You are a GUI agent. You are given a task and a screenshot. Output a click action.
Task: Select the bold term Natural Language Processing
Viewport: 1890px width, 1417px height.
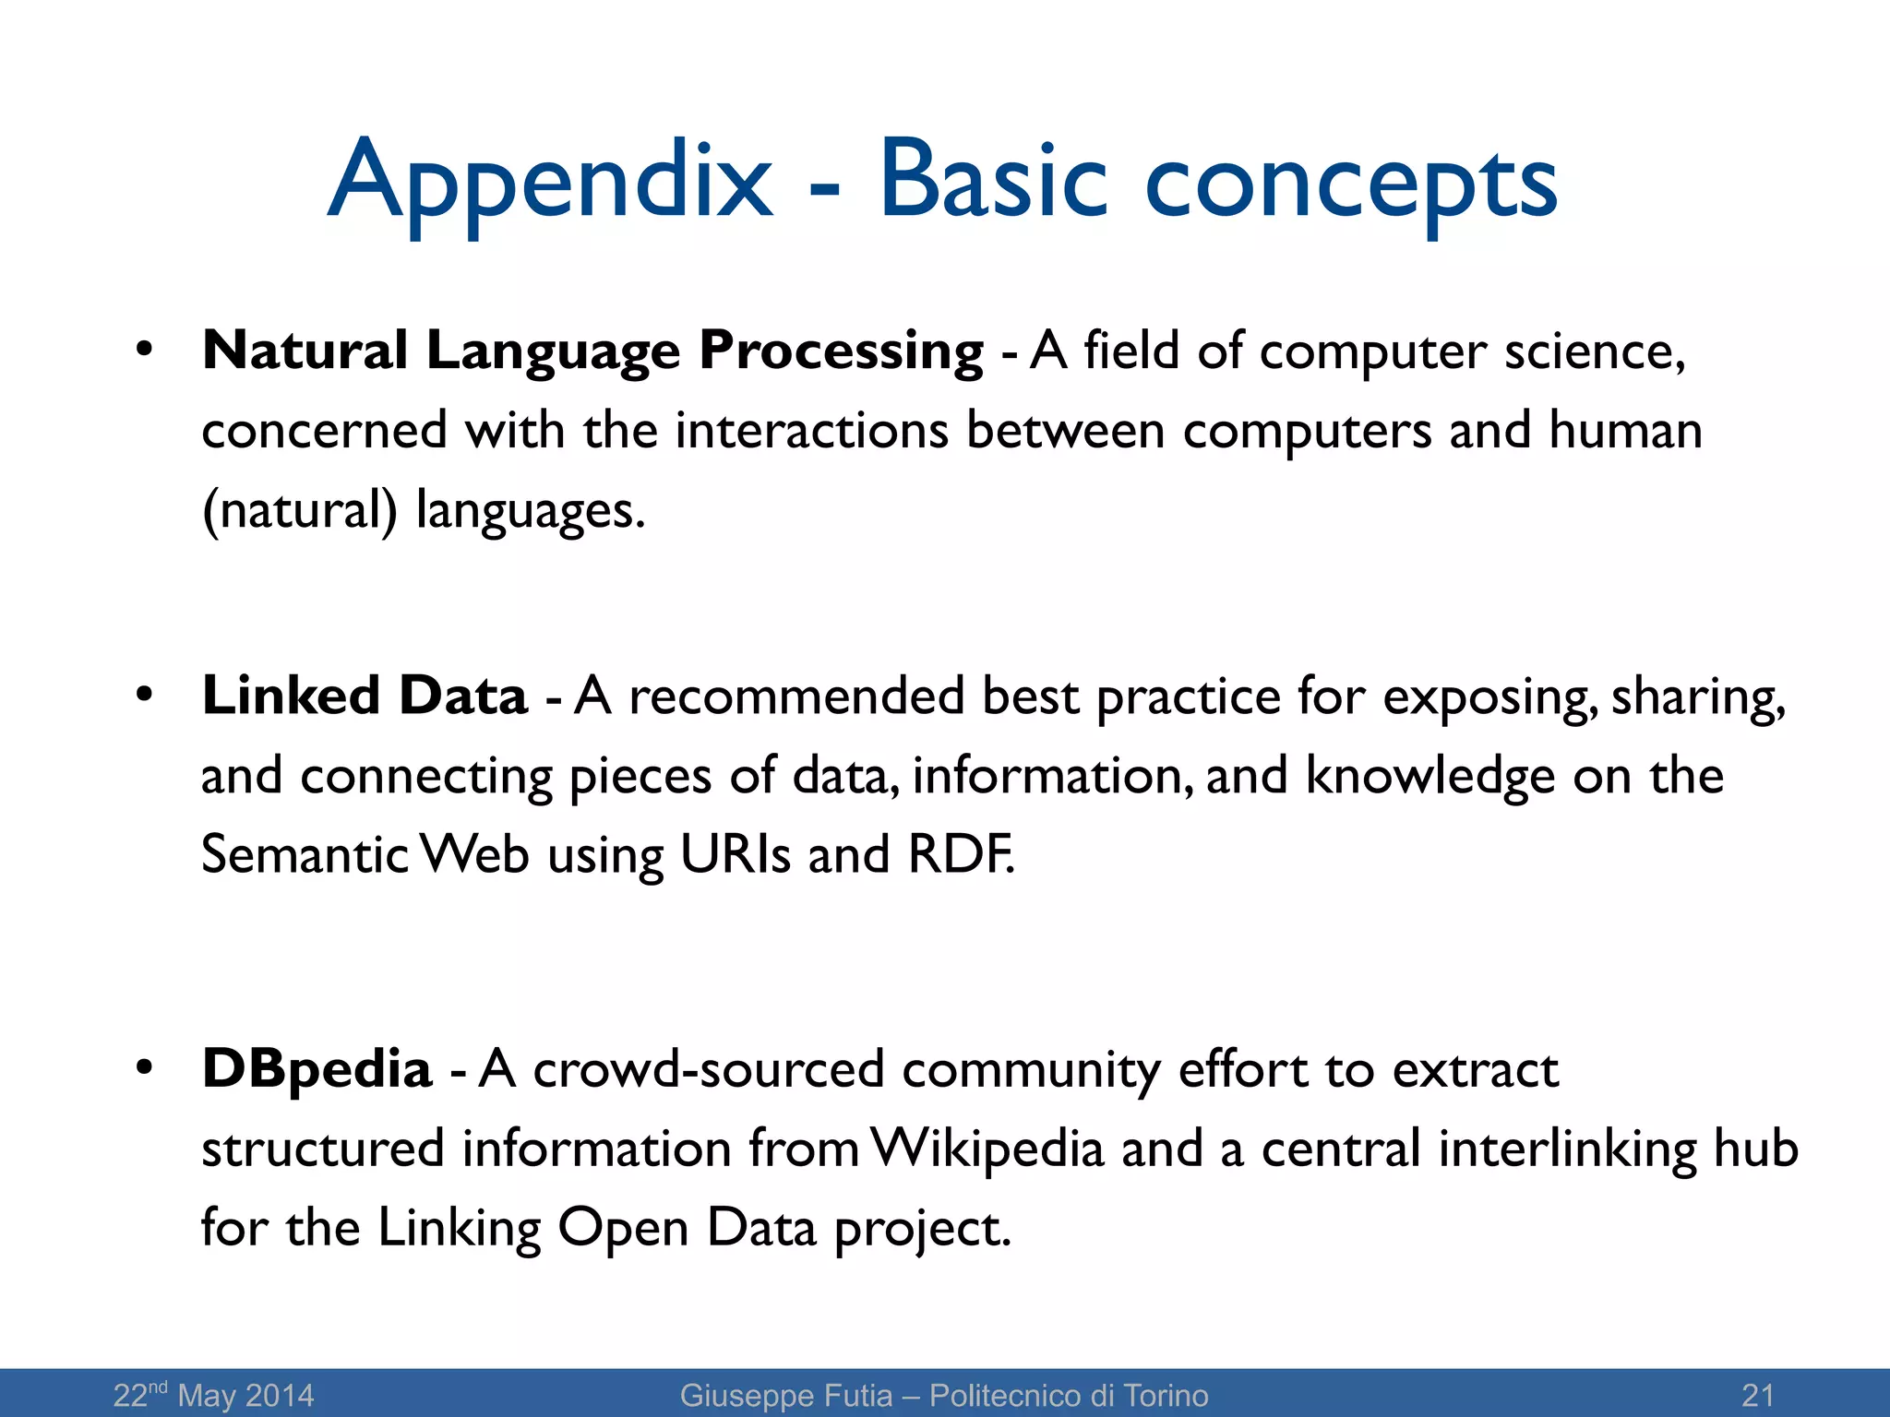[592, 351]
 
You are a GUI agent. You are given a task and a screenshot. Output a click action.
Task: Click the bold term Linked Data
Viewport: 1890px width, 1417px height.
[365, 696]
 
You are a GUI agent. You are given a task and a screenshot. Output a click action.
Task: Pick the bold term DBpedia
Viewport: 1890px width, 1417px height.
[317, 1070]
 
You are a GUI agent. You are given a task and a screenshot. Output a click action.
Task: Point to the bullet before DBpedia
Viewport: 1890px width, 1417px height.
[143, 1068]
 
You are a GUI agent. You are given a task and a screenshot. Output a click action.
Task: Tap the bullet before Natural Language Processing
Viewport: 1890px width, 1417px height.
[143, 350]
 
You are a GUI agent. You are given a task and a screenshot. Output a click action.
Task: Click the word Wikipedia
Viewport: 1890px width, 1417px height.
[987, 1149]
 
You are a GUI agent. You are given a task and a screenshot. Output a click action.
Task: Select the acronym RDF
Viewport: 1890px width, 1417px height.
[960, 854]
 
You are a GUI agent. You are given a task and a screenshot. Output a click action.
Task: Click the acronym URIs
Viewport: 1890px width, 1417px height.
[735, 854]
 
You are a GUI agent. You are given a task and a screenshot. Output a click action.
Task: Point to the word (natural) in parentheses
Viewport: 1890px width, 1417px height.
[299, 510]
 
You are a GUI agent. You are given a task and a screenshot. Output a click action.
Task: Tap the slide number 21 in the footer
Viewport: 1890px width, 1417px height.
[1757, 1395]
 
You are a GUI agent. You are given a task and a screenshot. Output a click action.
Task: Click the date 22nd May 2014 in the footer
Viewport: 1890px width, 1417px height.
[213, 1395]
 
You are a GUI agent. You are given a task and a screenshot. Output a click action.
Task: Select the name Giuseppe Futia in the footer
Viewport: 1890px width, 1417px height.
[785, 1395]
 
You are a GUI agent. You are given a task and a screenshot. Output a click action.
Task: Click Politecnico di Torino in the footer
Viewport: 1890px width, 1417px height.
[1068, 1395]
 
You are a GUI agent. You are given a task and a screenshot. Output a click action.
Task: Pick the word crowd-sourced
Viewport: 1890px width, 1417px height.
[708, 1070]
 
